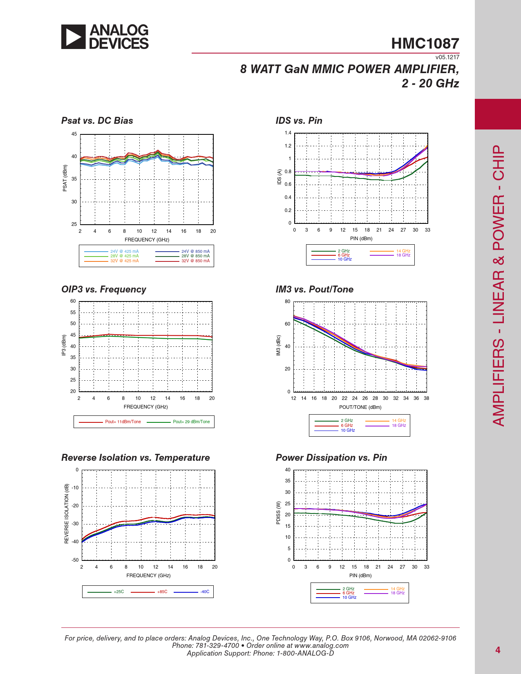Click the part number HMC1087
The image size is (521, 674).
[x=425, y=44]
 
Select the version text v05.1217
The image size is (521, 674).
[x=447, y=58]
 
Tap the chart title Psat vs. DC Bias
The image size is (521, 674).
[x=97, y=121]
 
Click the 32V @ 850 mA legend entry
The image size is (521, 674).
[x=195, y=261]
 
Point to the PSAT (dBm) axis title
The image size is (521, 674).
[x=65, y=178]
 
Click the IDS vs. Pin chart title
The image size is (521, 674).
[x=299, y=121]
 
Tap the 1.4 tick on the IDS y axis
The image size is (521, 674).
[x=288, y=133]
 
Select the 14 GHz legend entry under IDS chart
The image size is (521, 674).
[x=402, y=251]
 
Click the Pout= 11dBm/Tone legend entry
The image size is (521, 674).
[x=123, y=422]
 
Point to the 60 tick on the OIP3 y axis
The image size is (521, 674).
[x=73, y=301]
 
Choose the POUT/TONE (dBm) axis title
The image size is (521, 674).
[x=360, y=407]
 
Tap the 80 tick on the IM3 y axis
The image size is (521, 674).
[x=288, y=302]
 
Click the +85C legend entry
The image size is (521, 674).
[x=162, y=592]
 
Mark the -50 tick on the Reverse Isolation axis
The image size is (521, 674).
[x=75, y=560]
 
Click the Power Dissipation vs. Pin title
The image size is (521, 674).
[x=331, y=458]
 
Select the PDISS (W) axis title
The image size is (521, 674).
[x=278, y=513]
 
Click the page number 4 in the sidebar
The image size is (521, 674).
[x=498, y=650]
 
